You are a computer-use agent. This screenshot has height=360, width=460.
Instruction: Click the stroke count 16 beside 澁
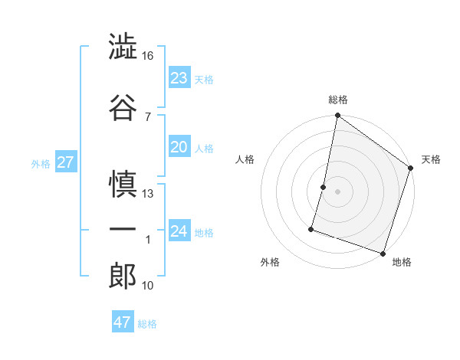(148, 56)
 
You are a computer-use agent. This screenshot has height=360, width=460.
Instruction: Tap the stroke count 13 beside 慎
(148, 194)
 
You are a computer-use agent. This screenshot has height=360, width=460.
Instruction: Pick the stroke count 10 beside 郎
(148, 286)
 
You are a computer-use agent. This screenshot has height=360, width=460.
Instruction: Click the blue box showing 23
(179, 78)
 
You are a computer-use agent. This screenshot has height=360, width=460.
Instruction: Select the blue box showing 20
(179, 148)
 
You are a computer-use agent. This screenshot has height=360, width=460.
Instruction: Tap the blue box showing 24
(179, 231)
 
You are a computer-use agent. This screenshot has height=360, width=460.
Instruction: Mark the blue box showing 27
(65, 162)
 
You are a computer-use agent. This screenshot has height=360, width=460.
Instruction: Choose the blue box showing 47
(123, 322)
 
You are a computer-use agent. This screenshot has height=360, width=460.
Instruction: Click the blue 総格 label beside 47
(147, 324)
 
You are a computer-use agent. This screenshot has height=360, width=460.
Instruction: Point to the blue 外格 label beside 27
(41, 164)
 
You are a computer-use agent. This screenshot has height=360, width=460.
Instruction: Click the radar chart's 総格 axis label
(338, 100)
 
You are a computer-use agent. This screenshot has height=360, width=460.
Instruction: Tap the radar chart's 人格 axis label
(245, 159)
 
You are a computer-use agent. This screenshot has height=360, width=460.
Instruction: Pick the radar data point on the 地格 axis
(383, 253)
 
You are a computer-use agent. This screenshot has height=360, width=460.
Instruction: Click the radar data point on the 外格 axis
(312, 228)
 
